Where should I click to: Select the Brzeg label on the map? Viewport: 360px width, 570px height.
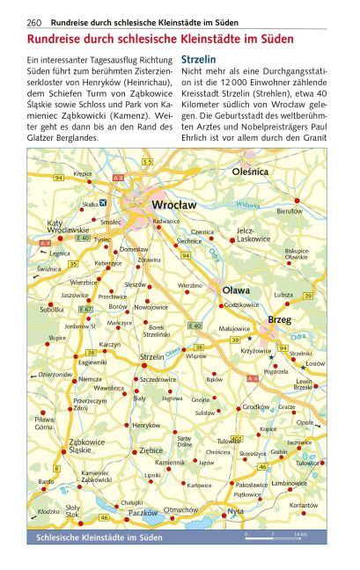point(279,318)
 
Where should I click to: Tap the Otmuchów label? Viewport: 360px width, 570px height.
point(181,508)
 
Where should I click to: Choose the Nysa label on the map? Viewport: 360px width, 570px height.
point(235,511)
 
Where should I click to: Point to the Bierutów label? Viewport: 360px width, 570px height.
point(289,211)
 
